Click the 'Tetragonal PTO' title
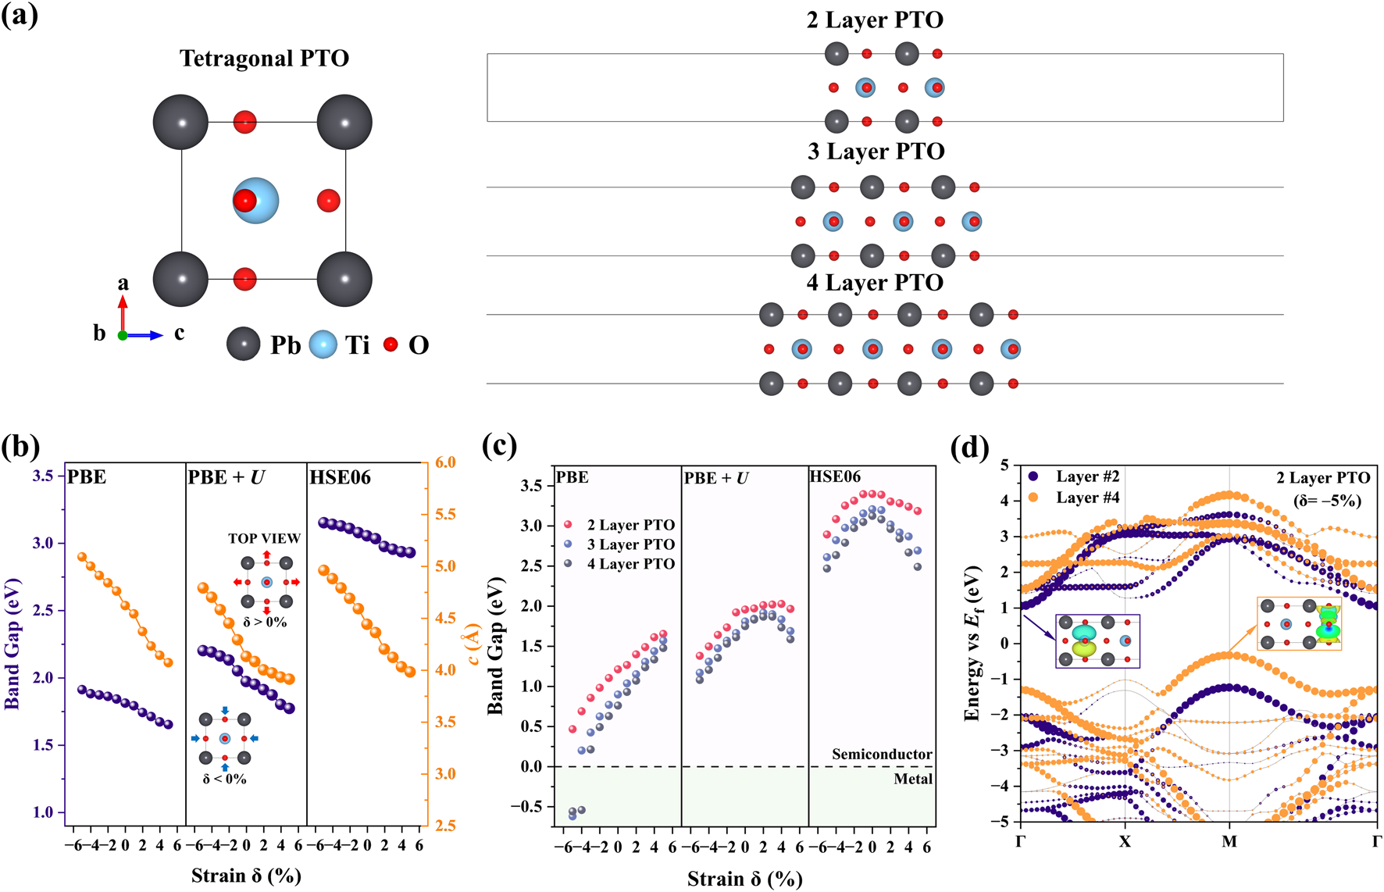pos(264,59)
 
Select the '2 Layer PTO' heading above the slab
pos(875,20)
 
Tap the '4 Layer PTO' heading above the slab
pos(875,282)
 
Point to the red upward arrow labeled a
pos(123,312)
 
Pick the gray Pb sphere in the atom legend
pos(243,344)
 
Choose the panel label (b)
pos(20,447)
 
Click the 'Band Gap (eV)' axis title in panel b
pos(12,644)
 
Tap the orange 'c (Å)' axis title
pos(473,644)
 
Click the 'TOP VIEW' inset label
pos(264,538)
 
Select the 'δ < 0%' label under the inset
pos(224,779)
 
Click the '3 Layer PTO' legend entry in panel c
pos(630,544)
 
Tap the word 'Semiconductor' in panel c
pos(882,754)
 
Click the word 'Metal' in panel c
pos(913,779)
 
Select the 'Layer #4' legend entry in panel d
pos(1087,498)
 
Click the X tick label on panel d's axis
pos(1125,841)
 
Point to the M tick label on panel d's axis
pos(1229,841)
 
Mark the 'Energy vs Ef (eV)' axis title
pos(972,644)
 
